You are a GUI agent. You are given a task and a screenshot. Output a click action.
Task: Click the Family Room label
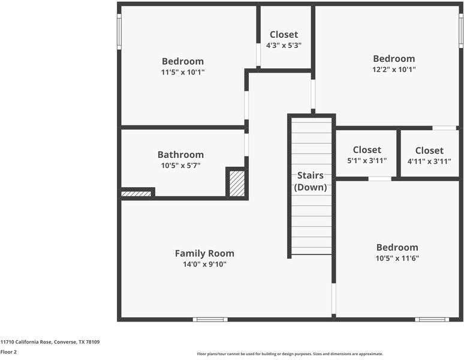click(204, 253)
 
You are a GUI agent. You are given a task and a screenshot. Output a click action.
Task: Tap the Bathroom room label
click(180, 155)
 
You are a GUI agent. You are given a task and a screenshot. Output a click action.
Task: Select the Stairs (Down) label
click(311, 181)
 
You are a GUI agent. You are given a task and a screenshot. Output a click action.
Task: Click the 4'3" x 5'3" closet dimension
click(284, 46)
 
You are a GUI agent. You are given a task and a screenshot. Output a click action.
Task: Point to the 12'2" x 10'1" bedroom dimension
click(394, 70)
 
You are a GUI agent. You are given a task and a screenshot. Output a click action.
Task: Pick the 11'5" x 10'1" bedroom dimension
click(183, 72)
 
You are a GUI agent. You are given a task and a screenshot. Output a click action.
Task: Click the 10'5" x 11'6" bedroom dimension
click(397, 258)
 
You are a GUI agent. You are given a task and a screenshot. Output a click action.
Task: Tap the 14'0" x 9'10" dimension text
click(204, 264)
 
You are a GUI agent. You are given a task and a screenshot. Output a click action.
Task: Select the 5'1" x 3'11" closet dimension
click(367, 161)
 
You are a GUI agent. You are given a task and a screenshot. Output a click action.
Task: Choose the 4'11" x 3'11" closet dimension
click(429, 161)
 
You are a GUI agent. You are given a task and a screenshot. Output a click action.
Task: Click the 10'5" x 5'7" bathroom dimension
click(181, 166)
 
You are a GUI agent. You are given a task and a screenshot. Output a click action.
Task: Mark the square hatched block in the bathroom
click(237, 184)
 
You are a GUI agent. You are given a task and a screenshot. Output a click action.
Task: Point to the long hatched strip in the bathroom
click(136, 194)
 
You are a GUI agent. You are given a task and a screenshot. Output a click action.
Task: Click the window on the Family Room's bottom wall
click(210, 319)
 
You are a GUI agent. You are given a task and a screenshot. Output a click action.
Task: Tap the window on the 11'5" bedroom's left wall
click(119, 32)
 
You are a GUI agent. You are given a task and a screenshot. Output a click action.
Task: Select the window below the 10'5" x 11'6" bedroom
click(432, 319)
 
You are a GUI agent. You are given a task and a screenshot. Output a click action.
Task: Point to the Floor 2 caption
click(8, 352)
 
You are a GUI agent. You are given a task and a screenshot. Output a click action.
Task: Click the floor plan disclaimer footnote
click(290, 354)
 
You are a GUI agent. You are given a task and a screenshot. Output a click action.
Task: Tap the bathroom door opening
click(246, 145)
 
